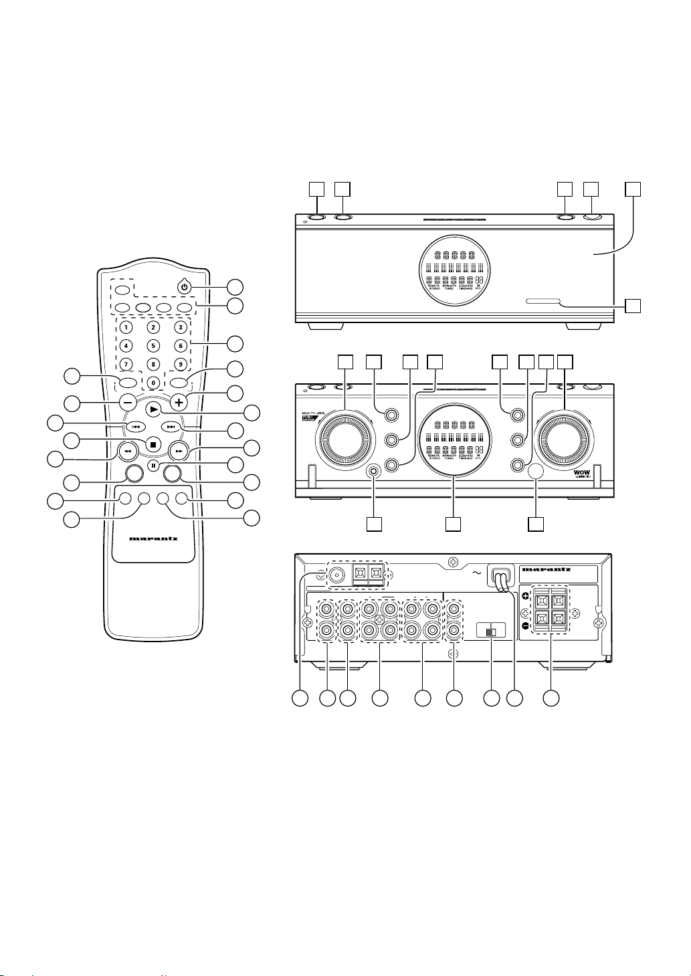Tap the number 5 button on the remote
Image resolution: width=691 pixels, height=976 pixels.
[x=153, y=346]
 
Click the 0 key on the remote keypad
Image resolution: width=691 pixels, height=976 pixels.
[x=153, y=383]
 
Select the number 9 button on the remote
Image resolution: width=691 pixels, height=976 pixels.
[x=180, y=365]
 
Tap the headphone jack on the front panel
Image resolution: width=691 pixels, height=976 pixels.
[x=375, y=471]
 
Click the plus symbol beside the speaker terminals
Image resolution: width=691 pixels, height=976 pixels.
[x=525, y=594]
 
